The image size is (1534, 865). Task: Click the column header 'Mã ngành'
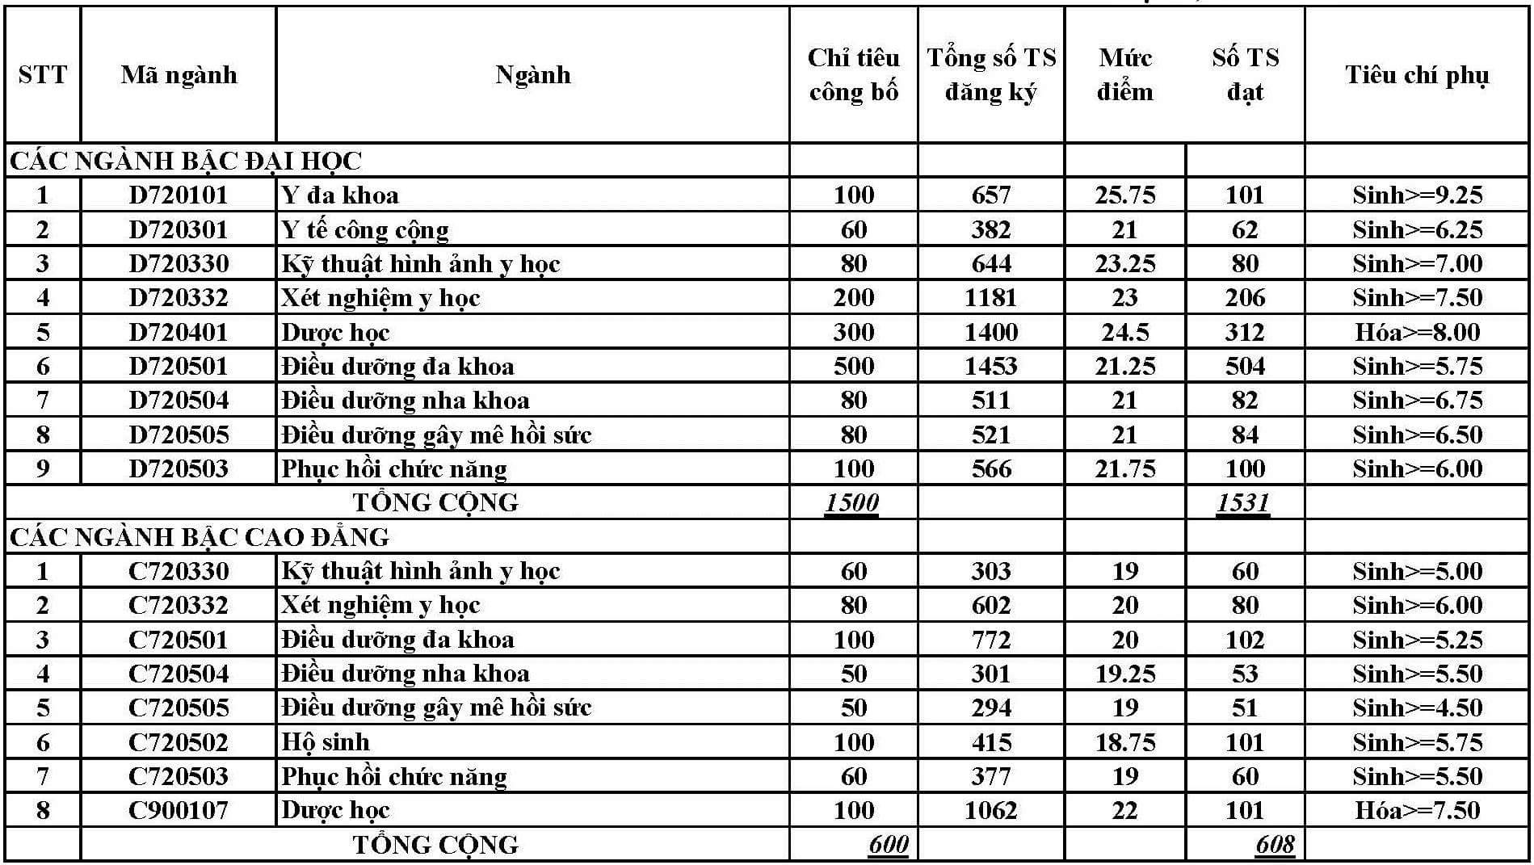(179, 75)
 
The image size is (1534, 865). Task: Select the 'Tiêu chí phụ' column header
(1416, 75)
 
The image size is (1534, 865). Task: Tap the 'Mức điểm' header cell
(1124, 75)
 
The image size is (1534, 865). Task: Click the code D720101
(179, 195)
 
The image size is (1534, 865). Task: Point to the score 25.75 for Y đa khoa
(1124, 195)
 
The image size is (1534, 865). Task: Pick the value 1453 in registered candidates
(990, 367)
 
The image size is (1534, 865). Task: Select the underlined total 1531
(1243, 503)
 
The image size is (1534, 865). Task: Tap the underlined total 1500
(852, 503)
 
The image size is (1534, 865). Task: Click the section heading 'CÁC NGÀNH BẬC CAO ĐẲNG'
(200, 537)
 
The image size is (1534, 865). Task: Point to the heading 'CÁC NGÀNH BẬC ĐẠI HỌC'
(186, 162)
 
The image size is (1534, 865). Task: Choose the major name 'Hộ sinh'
(326, 742)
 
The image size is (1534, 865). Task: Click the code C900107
(179, 810)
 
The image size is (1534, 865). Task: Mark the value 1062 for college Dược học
(990, 810)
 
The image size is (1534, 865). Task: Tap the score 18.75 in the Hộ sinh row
(1124, 742)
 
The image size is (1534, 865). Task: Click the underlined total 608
(1275, 845)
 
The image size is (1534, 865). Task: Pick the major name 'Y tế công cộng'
(364, 230)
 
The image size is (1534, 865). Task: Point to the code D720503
(179, 469)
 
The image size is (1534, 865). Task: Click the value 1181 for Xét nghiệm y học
(990, 298)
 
